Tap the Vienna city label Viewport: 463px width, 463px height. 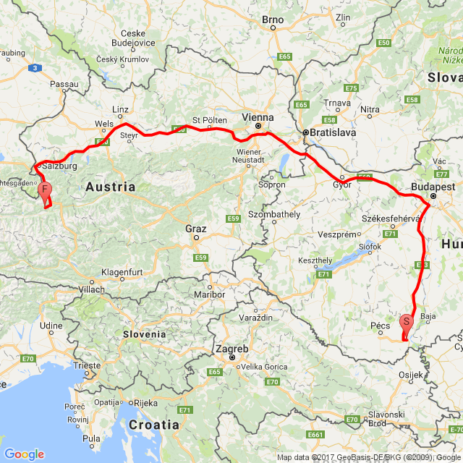point(258,117)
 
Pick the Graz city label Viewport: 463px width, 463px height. point(195,229)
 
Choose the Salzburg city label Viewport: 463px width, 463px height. point(59,166)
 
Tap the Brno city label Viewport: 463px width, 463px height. point(273,18)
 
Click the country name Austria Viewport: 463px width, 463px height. point(110,187)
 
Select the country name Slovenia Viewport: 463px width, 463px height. point(143,334)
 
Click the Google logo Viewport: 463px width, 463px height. point(24,454)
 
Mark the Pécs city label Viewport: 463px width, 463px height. point(379,326)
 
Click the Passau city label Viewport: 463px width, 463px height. point(64,85)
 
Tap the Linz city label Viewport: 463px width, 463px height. point(120,109)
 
